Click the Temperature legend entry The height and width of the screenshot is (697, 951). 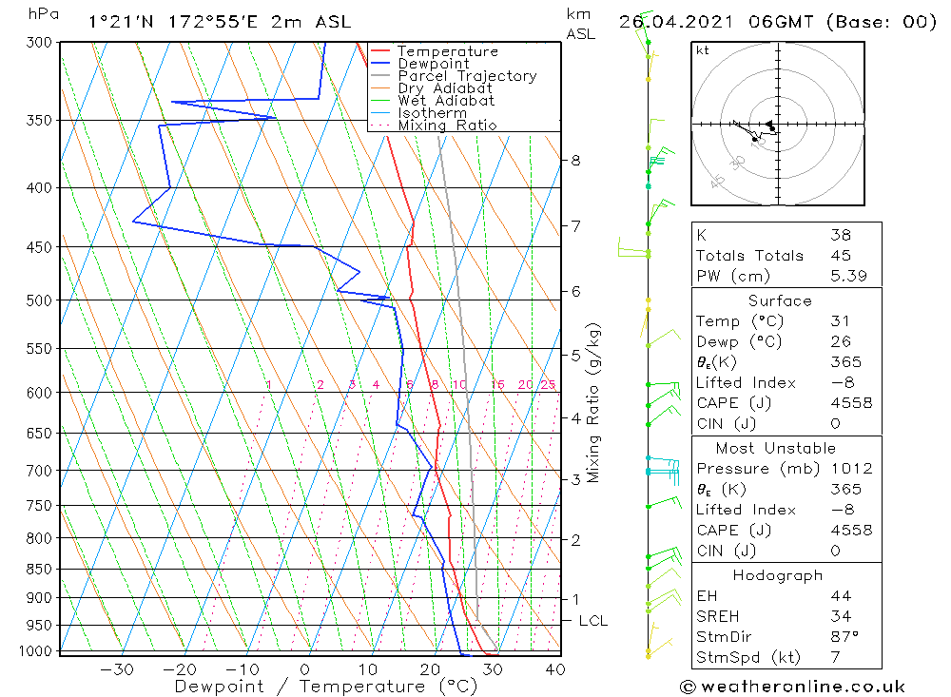pyautogui.click(x=447, y=51)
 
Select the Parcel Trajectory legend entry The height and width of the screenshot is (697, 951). pyautogui.click(x=467, y=76)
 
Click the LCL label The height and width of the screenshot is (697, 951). pyautogui.click(x=592, y=621)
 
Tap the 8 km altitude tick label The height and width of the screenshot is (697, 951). pyautogui.click(x=575, y=161)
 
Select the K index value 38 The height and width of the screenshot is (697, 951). pyautogui.click(x=840, y=235)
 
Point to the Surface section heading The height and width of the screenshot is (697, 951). pyautogui.click(x=780, y=301)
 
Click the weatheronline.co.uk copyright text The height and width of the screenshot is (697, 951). pyautogui.click(x=792, y=687)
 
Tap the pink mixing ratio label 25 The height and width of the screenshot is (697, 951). pyautogui.click(x=548, y=385)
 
